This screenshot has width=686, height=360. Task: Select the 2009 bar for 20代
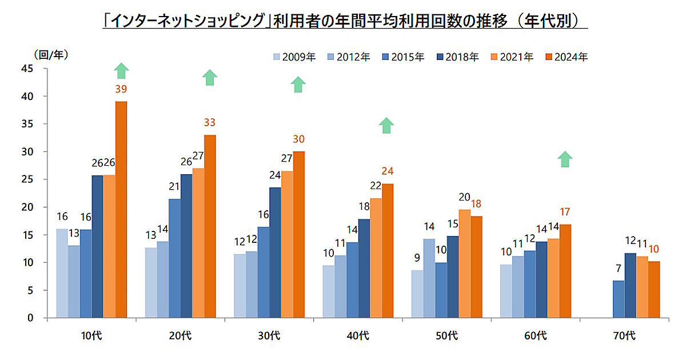(151, 282)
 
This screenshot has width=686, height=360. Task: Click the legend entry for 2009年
(294, 57)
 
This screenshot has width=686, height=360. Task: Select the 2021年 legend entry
(513, 57)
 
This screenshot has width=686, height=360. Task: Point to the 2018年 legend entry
(458, 57)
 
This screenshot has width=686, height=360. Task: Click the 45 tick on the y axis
(26, 69)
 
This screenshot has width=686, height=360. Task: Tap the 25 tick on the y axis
(26, 179)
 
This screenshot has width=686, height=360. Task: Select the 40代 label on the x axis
(358, 335)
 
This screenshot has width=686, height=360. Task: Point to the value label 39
(121, 89)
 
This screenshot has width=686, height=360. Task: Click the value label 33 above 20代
(209, 122)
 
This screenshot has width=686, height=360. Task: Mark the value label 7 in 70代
(619, 267)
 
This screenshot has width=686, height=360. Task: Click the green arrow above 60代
(565, 159)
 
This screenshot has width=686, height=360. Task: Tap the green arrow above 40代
(386, 125)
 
